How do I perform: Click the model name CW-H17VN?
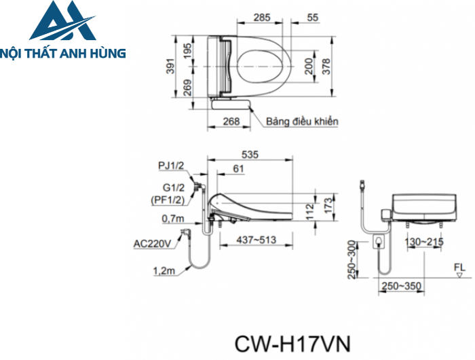292,342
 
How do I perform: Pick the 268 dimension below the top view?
231,121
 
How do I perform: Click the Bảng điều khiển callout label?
302,121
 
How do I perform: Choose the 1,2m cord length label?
164,271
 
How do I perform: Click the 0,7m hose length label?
173,219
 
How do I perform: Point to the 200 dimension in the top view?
309,67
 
